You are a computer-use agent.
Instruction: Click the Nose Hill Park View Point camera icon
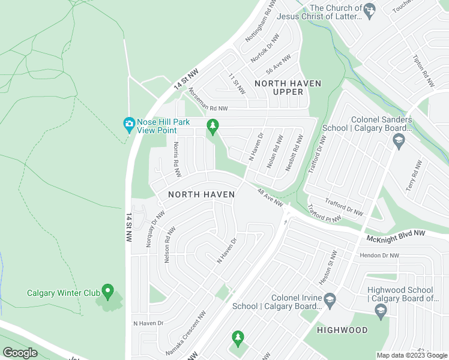coord(128,124)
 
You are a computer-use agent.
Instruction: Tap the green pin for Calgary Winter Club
coord(108,292)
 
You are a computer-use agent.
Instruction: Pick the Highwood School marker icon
coord(380,310)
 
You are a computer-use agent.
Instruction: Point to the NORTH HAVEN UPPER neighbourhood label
coord(288,88)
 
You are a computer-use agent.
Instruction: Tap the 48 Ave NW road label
coord(270,199)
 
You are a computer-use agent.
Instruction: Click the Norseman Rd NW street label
coord(208,100)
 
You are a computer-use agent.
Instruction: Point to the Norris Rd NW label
coord(176,160)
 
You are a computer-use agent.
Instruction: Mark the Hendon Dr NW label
coord(380,256)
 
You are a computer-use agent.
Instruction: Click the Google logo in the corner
coord(20,353)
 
